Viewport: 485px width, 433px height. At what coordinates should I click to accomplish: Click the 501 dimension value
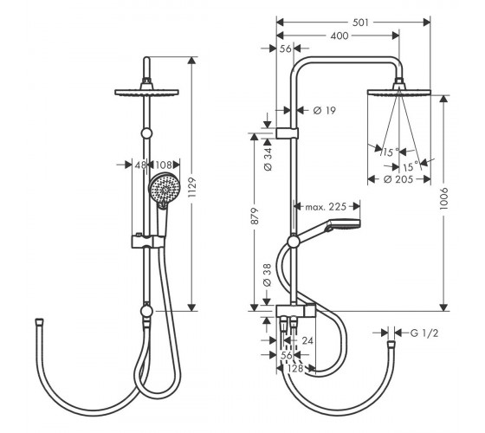coord(360,23)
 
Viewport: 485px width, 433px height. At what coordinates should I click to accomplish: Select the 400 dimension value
coord(339,36)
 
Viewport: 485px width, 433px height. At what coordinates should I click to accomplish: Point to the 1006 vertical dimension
coord(443,198)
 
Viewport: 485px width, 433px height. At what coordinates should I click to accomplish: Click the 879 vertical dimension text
coord(255,216)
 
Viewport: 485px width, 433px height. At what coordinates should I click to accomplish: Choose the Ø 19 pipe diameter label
coord(325,110)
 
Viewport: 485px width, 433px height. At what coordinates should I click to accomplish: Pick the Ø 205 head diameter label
coord(398,179)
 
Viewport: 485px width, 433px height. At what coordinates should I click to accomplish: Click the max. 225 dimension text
coord(326,207)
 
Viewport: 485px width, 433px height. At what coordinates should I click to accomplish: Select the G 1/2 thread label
coord(424,333)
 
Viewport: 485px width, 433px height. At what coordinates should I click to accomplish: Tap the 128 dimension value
coord(295,368)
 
